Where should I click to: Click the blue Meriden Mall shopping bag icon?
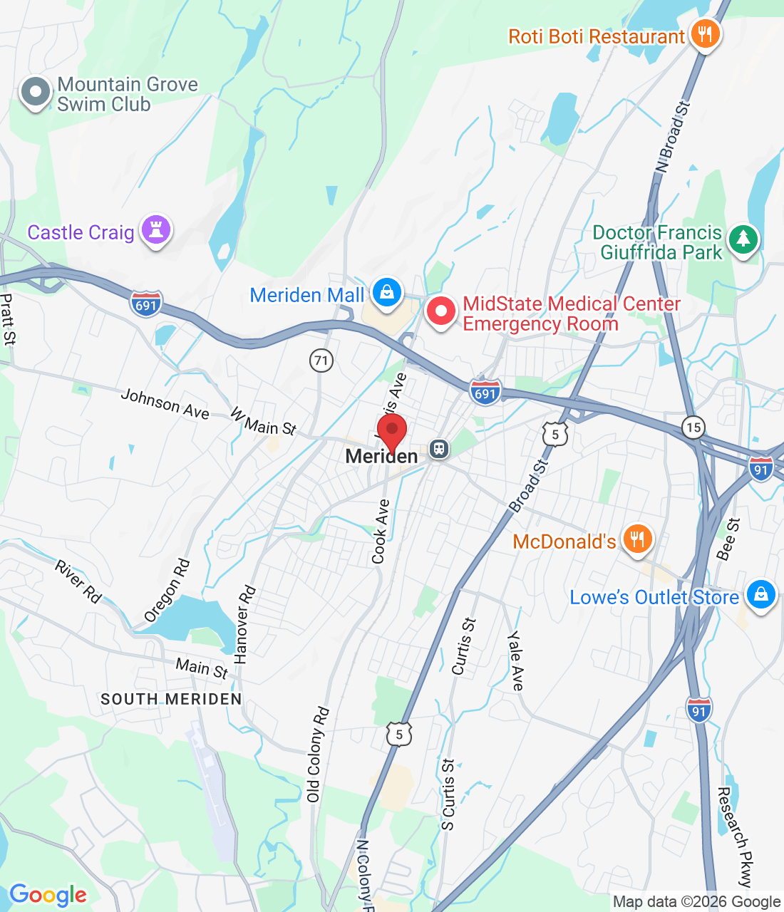386,294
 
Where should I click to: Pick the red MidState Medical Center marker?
441,311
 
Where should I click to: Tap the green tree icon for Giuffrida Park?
743,239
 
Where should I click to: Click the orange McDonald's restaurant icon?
637,539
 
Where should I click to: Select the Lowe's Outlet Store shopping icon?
760,594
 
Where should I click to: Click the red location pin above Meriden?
391,432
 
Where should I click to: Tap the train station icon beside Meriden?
438,449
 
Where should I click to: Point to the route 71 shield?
321,361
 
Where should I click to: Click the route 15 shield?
693,427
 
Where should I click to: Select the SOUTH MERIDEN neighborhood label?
171,700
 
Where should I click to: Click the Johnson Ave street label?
165,404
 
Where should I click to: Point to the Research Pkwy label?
734,836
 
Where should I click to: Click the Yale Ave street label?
515,660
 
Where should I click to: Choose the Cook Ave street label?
381,532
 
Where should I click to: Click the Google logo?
48,895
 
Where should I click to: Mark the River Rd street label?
78,581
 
